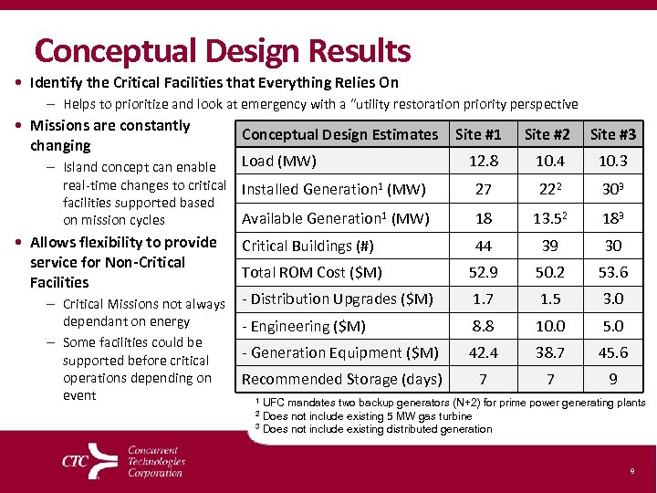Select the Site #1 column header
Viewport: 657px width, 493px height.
tap(478, 134)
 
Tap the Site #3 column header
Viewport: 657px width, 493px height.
tap(613, 134)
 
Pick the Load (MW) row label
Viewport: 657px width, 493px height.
tap(278, 162)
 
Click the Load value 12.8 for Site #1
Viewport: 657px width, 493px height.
tap(483, 162)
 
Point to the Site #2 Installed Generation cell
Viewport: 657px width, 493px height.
tap(547, 190)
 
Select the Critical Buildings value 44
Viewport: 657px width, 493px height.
tap(483, 246)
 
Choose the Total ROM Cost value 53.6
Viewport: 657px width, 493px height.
tap(613, 272)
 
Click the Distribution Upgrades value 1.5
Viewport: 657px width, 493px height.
tap(547, 299)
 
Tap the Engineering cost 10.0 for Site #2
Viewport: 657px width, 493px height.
tap(547, 326)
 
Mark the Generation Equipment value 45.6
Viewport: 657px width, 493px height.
tap(613, 352)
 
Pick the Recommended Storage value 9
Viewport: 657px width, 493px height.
tap(613, 379)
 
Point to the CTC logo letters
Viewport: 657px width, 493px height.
tap(75, 461)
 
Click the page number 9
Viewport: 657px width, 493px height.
tap(631, 471)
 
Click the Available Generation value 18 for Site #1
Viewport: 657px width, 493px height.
tap(483, 218)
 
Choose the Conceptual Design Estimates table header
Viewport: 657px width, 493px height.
tap(339, 134)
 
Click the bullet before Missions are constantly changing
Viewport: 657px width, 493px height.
tap(20, 126)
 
